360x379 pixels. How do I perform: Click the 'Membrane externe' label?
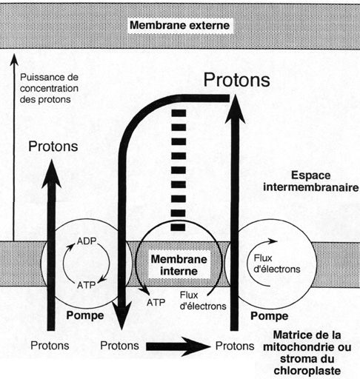point(180,25)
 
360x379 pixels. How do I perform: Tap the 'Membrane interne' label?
point(179,265)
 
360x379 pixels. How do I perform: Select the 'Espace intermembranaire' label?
point(311,181)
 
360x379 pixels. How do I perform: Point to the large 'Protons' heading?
point(236,80)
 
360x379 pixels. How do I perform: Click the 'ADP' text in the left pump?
point(87,241)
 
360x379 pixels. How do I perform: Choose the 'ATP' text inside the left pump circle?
point(86,285)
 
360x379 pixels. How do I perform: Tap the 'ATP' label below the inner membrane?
point(156,303)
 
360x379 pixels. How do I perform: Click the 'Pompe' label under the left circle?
point(85,315)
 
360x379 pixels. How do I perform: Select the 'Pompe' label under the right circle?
point(270,316)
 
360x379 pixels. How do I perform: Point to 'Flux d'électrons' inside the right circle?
point(277,264)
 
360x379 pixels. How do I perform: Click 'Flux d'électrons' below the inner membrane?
point(203,301)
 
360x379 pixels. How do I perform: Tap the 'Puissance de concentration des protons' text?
point(49,88)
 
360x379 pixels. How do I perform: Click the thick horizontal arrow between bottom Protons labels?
point(179,346)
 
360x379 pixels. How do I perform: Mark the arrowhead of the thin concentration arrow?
point(14,59)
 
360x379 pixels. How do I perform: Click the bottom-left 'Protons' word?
point(50,346)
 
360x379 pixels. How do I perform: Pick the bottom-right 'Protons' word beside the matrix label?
point(235,346)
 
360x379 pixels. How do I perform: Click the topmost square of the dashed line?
point(179,113)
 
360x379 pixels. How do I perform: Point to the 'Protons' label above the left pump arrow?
point(53,147)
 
